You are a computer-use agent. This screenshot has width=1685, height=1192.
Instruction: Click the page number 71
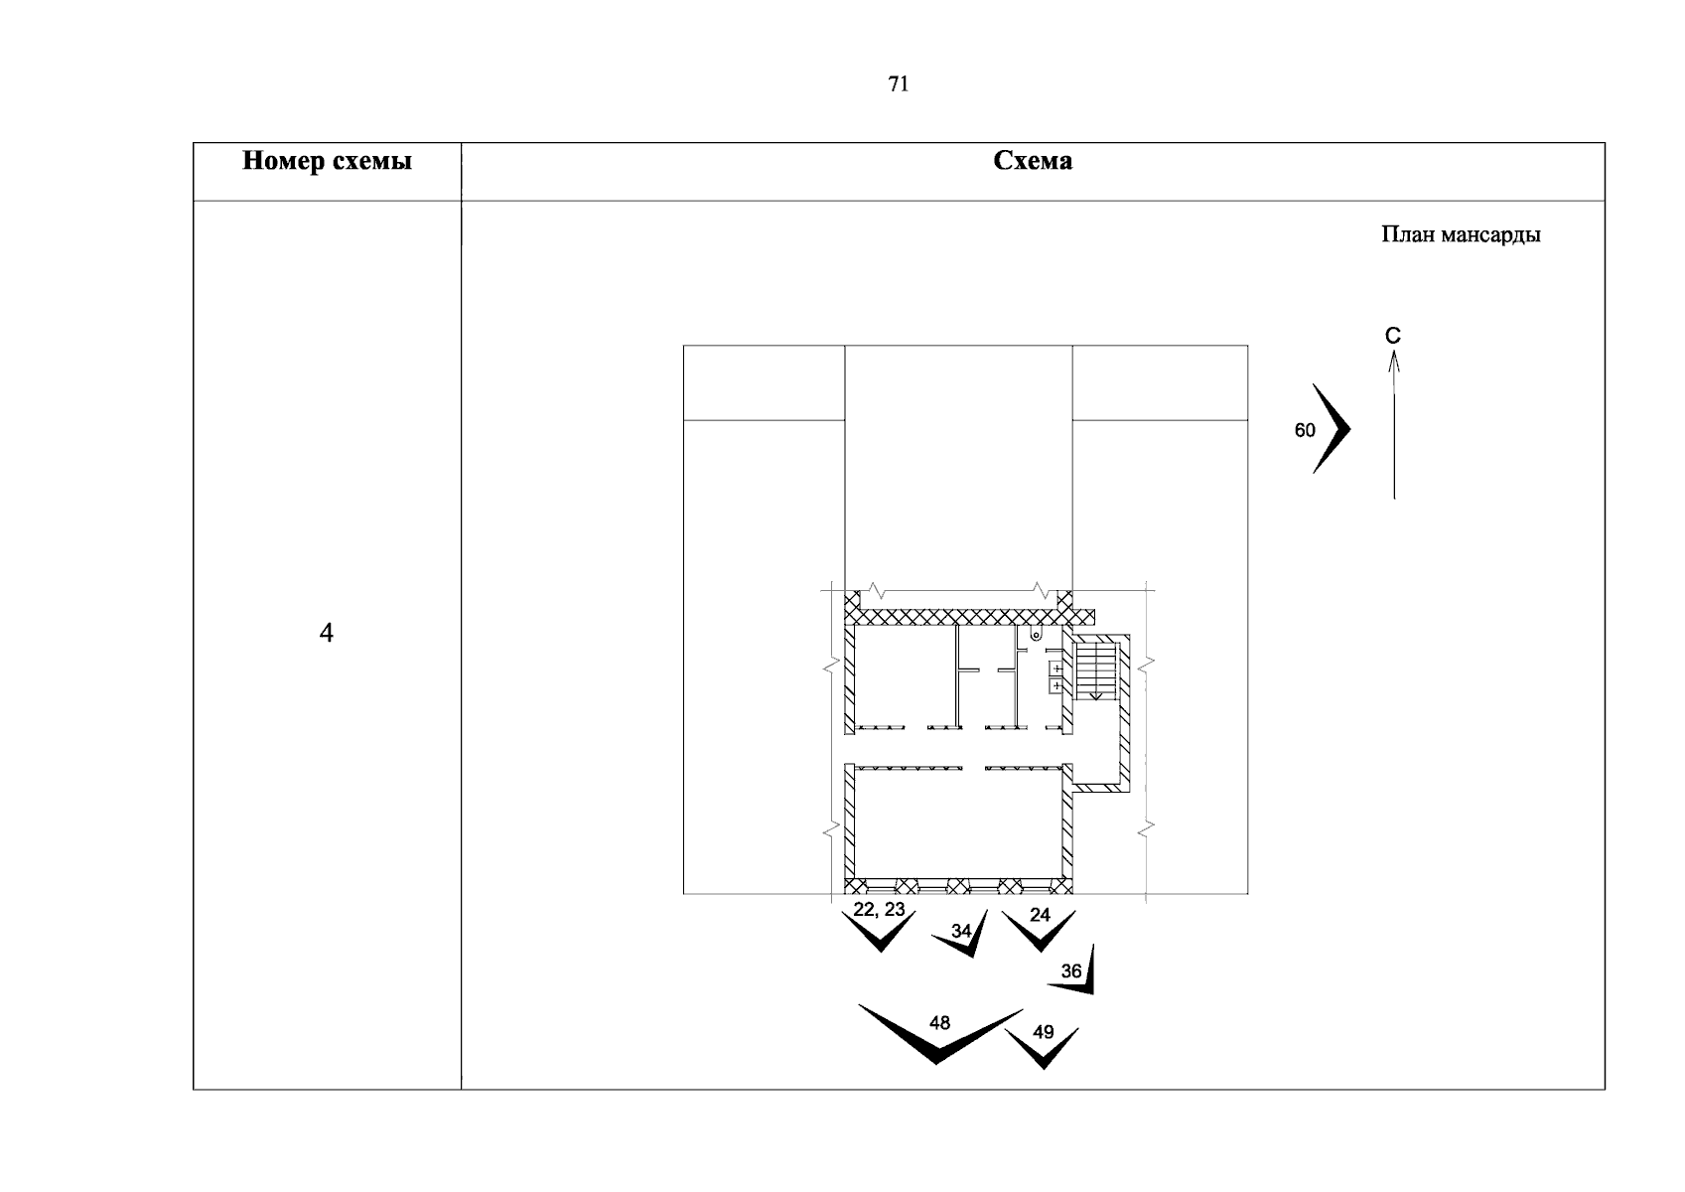tap(899, 84)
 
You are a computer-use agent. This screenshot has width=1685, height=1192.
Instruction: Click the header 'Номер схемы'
tap(328, 161)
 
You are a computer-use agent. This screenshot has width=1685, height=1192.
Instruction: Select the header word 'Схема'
tap(1033, 160)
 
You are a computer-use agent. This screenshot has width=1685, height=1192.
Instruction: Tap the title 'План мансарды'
tap(1461, 234)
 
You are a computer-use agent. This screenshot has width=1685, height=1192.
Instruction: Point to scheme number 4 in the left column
tap(326, 633)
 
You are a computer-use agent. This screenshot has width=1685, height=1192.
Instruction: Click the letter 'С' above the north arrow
tap(1393, 336)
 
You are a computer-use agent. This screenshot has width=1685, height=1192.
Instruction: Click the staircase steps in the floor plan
tap(1096, 670)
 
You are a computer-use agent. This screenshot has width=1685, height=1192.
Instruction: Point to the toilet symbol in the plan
tap(1036, 635)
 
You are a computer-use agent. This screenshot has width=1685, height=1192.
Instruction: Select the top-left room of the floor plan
tap(905, 675)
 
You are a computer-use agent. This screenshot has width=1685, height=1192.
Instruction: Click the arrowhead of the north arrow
tap(1394, 362)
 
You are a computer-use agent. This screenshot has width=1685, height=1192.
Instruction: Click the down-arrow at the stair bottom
tap(1096, 693)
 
